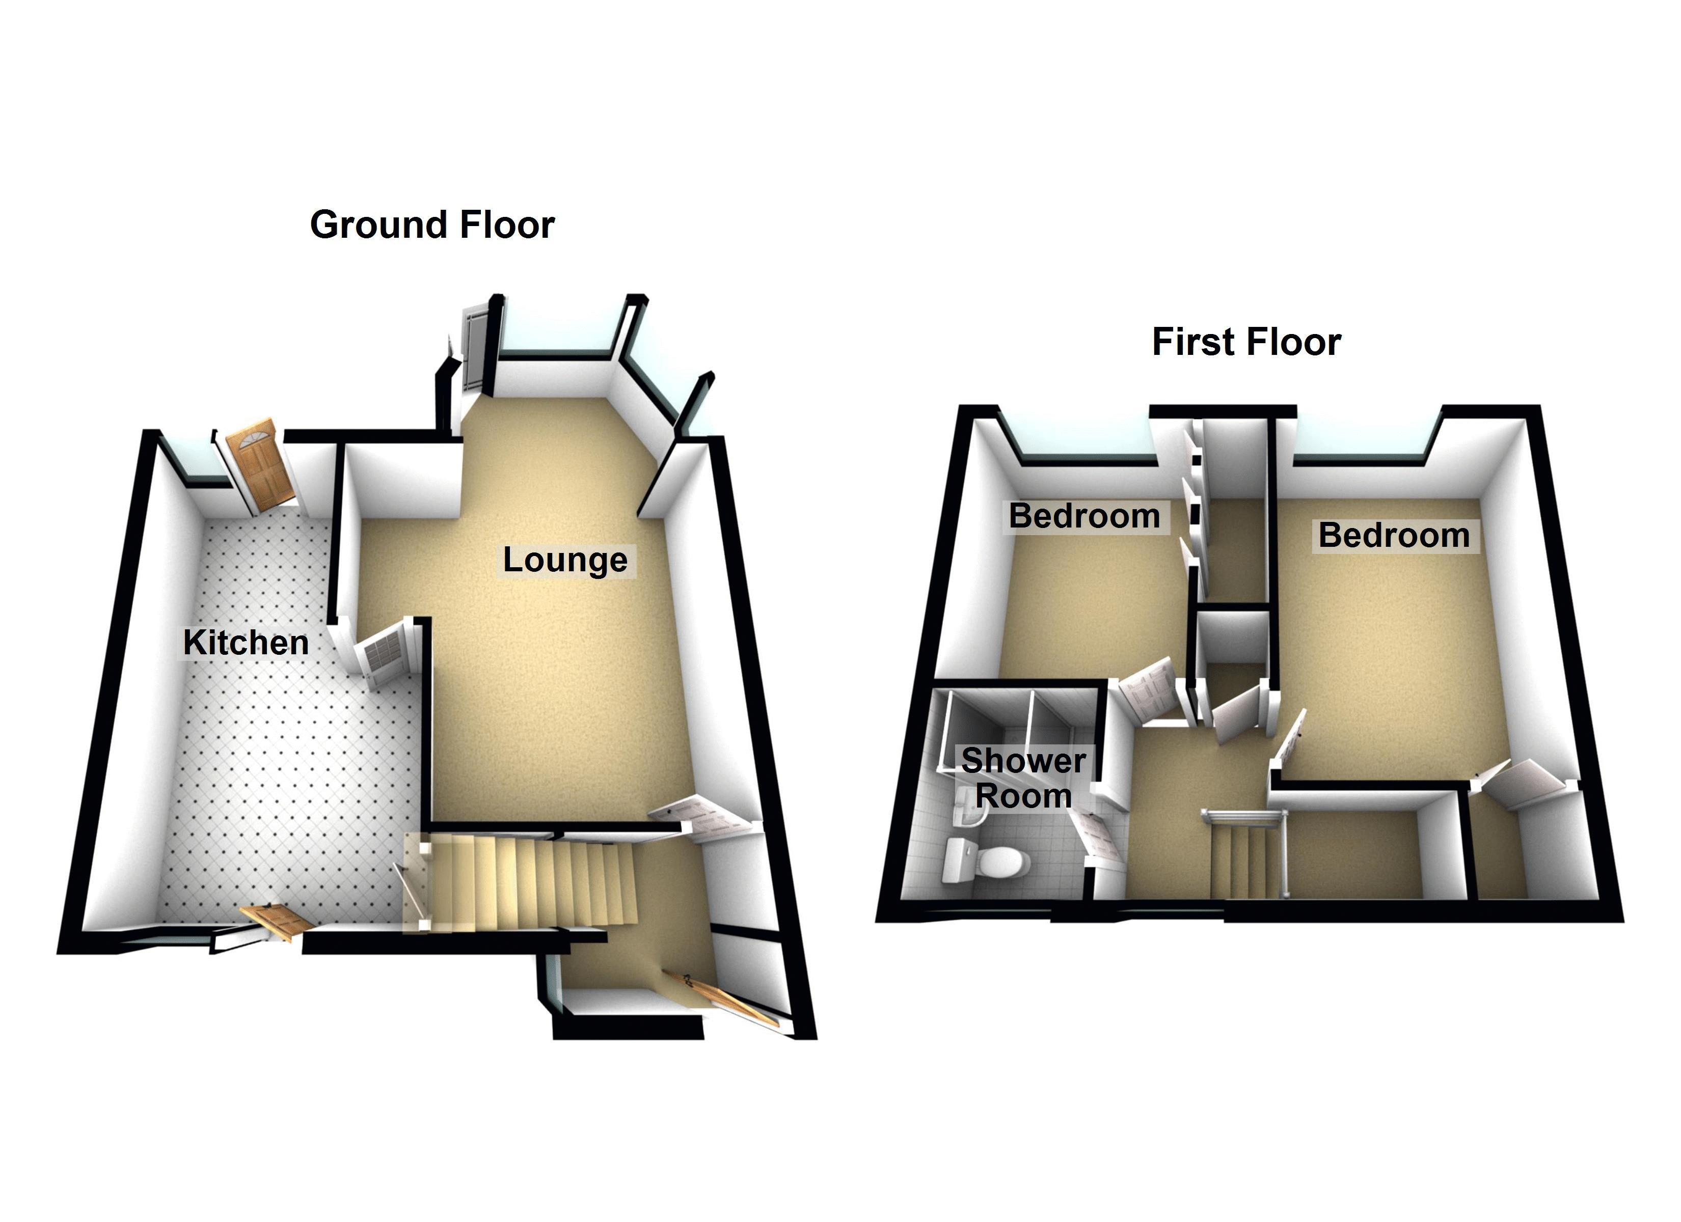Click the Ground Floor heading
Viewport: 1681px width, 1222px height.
(x=432, y=225)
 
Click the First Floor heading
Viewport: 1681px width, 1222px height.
(x=1246, y=342)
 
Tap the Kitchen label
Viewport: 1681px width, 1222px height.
(x=246, y=643)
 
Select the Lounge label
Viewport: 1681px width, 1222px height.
(x=565, y=560)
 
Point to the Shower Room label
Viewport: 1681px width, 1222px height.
(x=1023, y=778)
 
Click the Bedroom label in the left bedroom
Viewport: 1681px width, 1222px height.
(x=1084, y=516)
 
